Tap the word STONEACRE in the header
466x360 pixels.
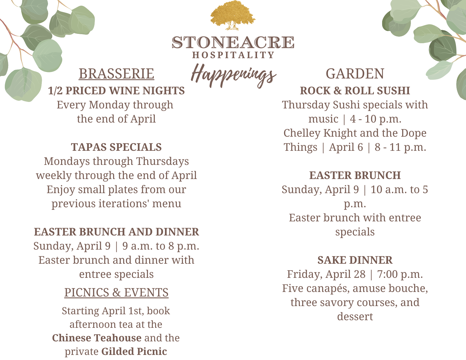(x=233, y=42)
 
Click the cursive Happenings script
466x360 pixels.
(x=233, y=75)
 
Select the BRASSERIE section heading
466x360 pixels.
(x=116, y=74)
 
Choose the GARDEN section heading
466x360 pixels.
(x=355, y=74)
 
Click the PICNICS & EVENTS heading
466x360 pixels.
(x=116, y=293)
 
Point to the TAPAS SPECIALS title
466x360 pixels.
(x=116, y=147)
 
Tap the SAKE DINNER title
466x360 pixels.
(x=355, y=260)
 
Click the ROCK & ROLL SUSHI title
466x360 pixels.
(x=355, y=90)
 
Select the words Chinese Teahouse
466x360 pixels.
(x=97, y=338)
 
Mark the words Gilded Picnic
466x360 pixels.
(x=134, y=352)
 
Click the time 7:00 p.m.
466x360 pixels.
(x=400, y=274)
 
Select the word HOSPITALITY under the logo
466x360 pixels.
(x=233, y=55)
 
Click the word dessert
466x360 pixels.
(x=355, y=317)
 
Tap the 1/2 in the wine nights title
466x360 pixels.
(x=55, y=91)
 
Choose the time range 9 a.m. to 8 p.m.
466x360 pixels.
(x=161, y=246)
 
